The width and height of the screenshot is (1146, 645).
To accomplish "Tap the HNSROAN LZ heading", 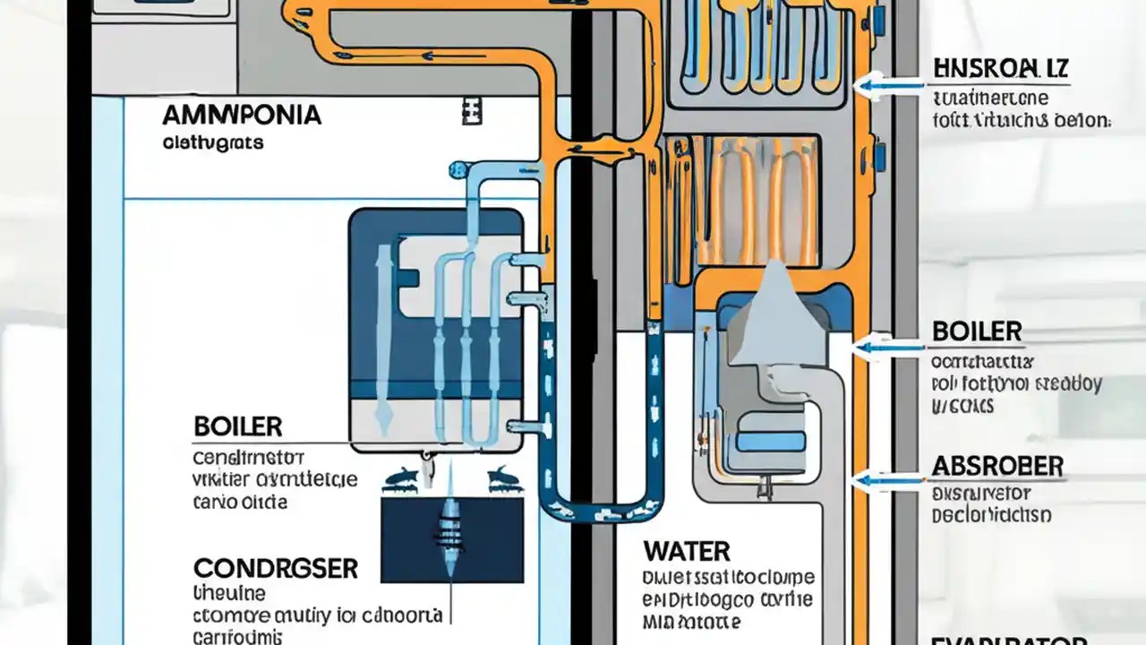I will tap(1001, 68).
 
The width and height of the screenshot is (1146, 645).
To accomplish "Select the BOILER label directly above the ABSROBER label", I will tap(976, 331).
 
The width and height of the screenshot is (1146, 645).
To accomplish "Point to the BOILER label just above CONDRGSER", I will tap(237, 426).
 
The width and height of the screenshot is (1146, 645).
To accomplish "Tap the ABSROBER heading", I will tap(997, 466).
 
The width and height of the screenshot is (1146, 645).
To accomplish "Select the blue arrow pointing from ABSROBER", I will tap(886, 481).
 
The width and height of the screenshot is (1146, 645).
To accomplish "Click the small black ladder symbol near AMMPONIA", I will tap(472, 111).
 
